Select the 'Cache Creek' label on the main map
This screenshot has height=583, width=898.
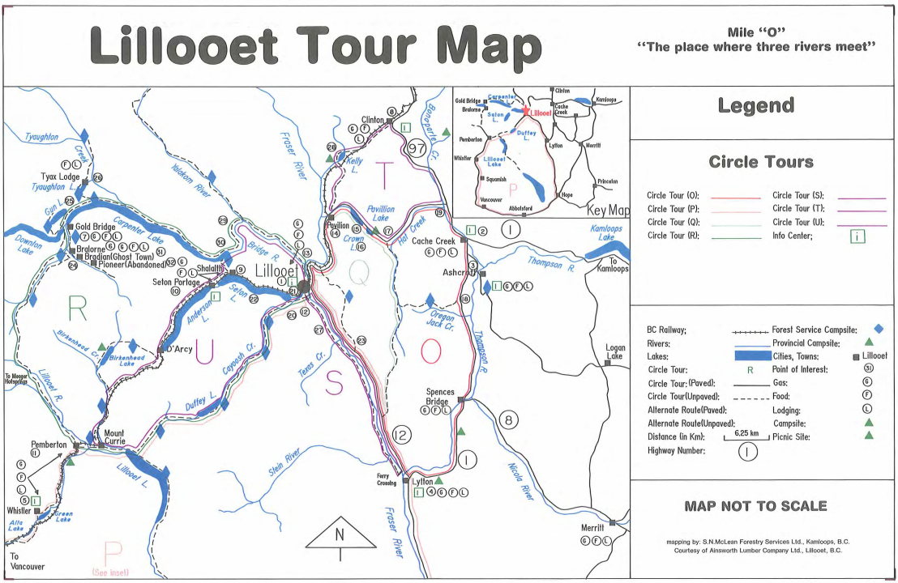(x=433, y=241)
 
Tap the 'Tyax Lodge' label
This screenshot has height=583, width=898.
(x=60, y=177)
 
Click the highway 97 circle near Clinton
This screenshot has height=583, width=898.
(x=417, y=148)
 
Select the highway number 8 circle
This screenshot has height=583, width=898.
(x=508, y=419)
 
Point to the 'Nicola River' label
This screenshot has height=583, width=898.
(x=520, y=480)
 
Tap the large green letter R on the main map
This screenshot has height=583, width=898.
(x=77, y=308)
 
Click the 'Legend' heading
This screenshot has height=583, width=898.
(x=755, y=106)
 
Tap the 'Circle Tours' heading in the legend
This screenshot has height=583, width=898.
(x=760, y=161)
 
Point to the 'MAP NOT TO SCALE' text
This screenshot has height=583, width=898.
(x=755, y=506)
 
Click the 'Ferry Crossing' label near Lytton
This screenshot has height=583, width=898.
(x=387, y=479)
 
